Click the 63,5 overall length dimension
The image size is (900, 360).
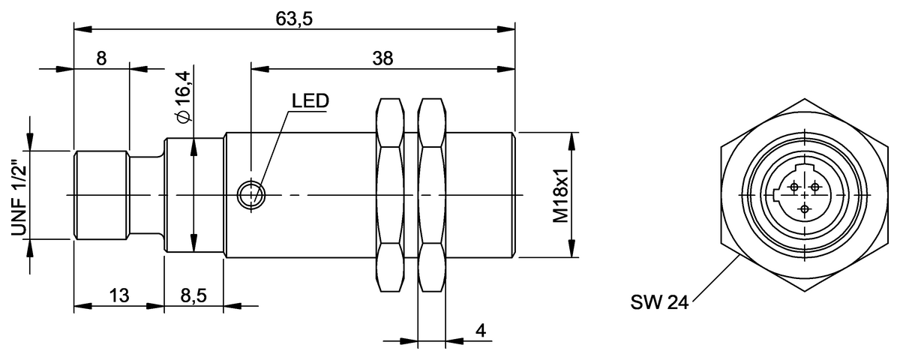pos(293,19)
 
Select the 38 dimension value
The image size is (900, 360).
pos(382,58)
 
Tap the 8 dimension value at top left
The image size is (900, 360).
pos(101,58)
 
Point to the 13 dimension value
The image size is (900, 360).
pos(119,295)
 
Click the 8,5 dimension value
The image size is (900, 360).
pos(193,295)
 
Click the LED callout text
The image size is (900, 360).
pos(310,100)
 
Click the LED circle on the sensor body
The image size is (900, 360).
pos(250,195)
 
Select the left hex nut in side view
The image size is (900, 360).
pos(390,195)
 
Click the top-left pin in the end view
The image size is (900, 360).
pos(793,187)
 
